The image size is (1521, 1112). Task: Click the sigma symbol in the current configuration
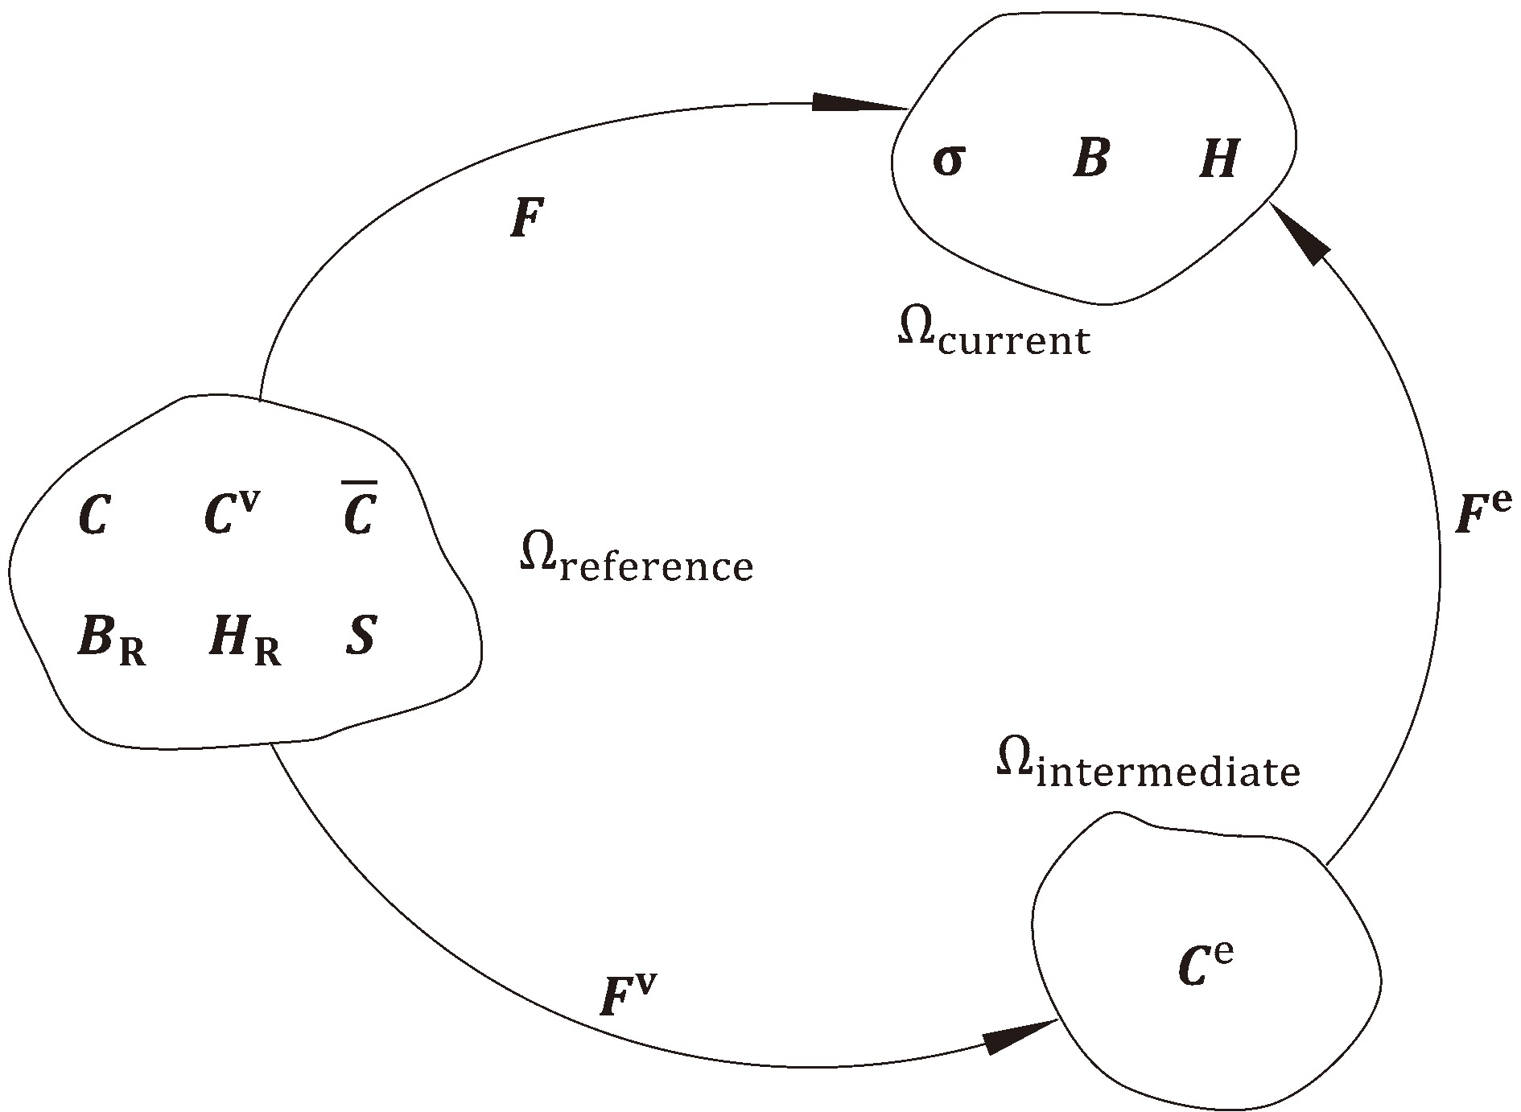pos(947,161)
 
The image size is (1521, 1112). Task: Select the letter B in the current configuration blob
pos(1090,159)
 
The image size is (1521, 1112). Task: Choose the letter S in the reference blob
pos(360,636)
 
